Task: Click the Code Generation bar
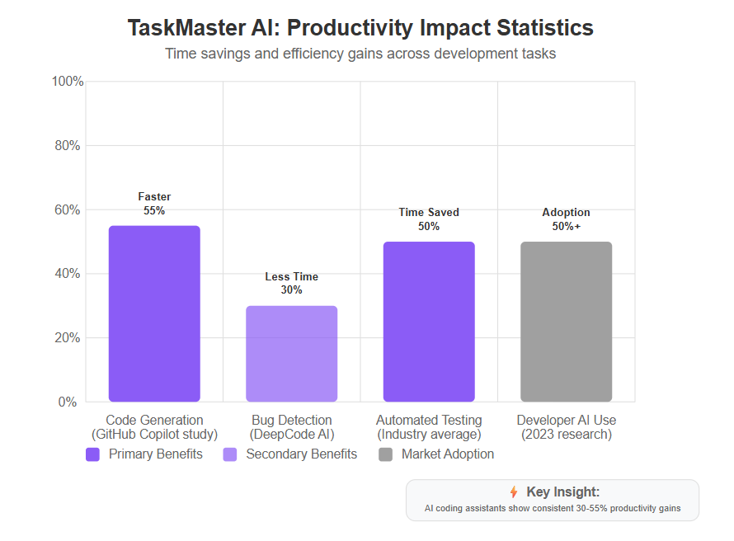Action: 154,313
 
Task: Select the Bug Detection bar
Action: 292,354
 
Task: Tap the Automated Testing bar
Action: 429,322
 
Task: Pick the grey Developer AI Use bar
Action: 567,322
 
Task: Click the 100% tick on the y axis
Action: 68,82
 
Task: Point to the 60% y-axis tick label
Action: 68,209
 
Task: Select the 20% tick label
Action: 68,338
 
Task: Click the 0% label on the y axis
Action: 68,402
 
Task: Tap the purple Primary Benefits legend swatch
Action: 92,454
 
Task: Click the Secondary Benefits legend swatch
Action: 230,454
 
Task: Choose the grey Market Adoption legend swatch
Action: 385,454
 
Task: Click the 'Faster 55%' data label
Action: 154,204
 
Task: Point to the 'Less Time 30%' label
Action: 292,283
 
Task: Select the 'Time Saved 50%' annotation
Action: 429,219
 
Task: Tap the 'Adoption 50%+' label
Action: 567,219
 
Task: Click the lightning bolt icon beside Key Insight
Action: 514,492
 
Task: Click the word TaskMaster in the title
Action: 186,27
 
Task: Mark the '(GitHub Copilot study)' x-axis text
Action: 154,435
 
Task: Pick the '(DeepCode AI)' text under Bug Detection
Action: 292,435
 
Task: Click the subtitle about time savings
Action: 360,54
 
